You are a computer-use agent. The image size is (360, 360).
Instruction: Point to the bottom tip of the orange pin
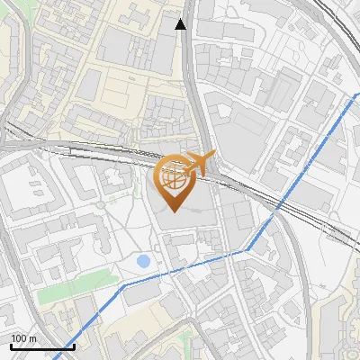pos(174,211)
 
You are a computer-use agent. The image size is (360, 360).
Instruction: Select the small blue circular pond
pos(143,261)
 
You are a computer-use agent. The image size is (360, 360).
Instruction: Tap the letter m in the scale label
pos(32,338)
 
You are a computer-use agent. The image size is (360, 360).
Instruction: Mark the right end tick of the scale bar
pos(73,346)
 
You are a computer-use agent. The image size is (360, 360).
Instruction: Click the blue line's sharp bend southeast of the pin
pos(245,251)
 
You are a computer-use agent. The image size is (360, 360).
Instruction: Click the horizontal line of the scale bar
pos(40,347)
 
